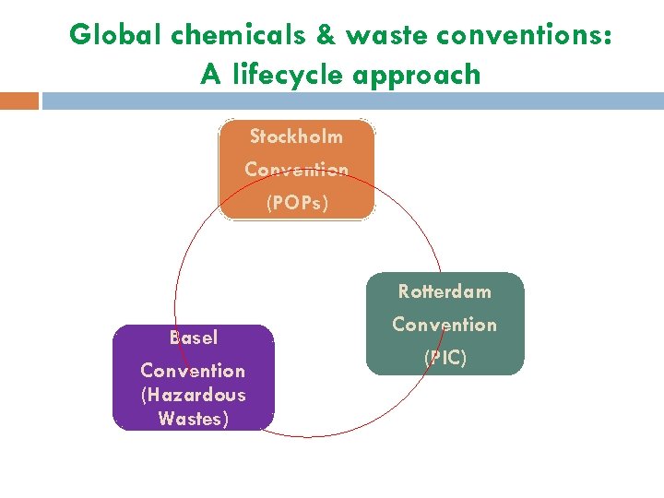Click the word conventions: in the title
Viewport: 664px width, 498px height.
click(x=524, y=35)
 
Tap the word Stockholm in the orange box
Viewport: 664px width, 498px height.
click(x=296, y=136)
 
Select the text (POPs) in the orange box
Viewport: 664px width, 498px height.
click(x=296, y=203)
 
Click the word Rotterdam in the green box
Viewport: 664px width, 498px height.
click(x=445, y=291)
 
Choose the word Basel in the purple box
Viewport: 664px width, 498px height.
click(x=193, y=338)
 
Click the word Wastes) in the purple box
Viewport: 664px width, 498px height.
click(x=193, y=419)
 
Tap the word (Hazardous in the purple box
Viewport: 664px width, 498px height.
click(x=193, y=395)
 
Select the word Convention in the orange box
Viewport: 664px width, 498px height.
click(x=296, y=170)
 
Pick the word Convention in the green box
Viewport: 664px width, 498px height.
click(x=445, y=325)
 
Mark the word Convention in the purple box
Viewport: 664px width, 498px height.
click(x=193, y=371)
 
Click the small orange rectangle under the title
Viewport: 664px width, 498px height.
click(x=19, y=101)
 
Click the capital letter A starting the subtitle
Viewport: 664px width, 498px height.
click(x=210, y=74)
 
